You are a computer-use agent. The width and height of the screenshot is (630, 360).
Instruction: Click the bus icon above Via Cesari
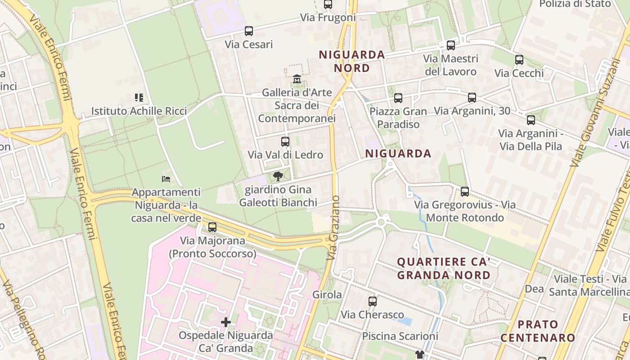pos(248,31)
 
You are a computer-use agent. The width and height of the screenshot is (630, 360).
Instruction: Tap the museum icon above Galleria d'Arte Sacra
pos(297,79)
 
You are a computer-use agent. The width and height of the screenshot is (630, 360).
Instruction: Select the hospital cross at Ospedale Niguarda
pos(226,322)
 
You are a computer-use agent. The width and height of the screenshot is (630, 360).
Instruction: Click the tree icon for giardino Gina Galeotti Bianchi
pos(278,176)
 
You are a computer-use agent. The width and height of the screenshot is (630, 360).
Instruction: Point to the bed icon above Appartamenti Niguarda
pos(166,179)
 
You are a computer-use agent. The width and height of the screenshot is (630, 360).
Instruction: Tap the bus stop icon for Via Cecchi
pos(519,60)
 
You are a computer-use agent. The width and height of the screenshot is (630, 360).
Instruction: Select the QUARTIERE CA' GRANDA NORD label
pos(444,268)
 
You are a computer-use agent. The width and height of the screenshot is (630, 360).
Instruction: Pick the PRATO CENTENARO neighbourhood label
pos(538,331)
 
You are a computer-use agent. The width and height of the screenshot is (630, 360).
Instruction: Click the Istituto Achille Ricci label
pos(139,111)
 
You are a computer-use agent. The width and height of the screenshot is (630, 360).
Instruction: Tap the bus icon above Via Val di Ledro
pos(285,142)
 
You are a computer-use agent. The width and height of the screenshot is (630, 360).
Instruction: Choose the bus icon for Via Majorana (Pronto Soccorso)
pos(212,227)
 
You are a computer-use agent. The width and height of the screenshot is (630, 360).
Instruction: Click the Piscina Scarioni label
pos(400,336)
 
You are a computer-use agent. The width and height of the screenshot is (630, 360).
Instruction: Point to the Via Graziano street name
pos(333,228)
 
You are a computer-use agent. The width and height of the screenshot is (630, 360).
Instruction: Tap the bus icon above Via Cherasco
pos(372,301)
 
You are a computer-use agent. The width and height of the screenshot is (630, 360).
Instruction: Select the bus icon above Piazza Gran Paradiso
pos(398,98)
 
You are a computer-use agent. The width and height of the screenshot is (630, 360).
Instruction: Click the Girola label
pos(327,295)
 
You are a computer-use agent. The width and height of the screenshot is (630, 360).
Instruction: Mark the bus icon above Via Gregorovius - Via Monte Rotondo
pos(465,192)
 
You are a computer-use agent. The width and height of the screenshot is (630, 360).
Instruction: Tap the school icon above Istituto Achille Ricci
pos(139,97)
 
